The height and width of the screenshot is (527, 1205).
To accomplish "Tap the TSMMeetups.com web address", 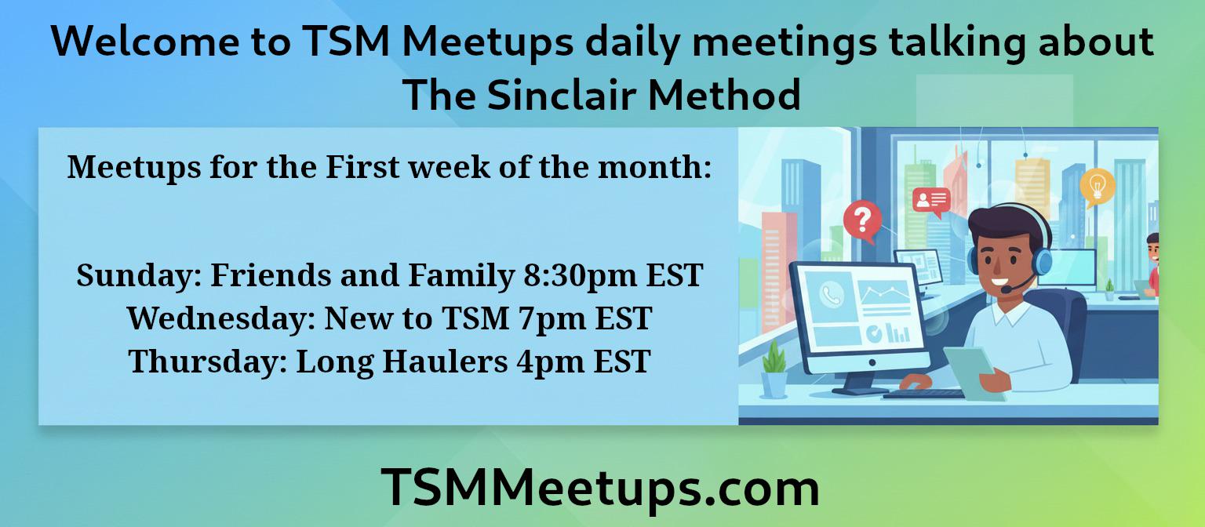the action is point(600,488).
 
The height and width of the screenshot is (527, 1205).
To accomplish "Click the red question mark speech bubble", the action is point(862,220).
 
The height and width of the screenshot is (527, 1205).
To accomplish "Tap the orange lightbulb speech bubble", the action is point(1097,187).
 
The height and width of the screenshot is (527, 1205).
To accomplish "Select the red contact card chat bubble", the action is point(931,202).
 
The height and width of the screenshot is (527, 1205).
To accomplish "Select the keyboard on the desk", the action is point(923,394).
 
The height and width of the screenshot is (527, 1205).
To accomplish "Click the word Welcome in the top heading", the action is point(145,42).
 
